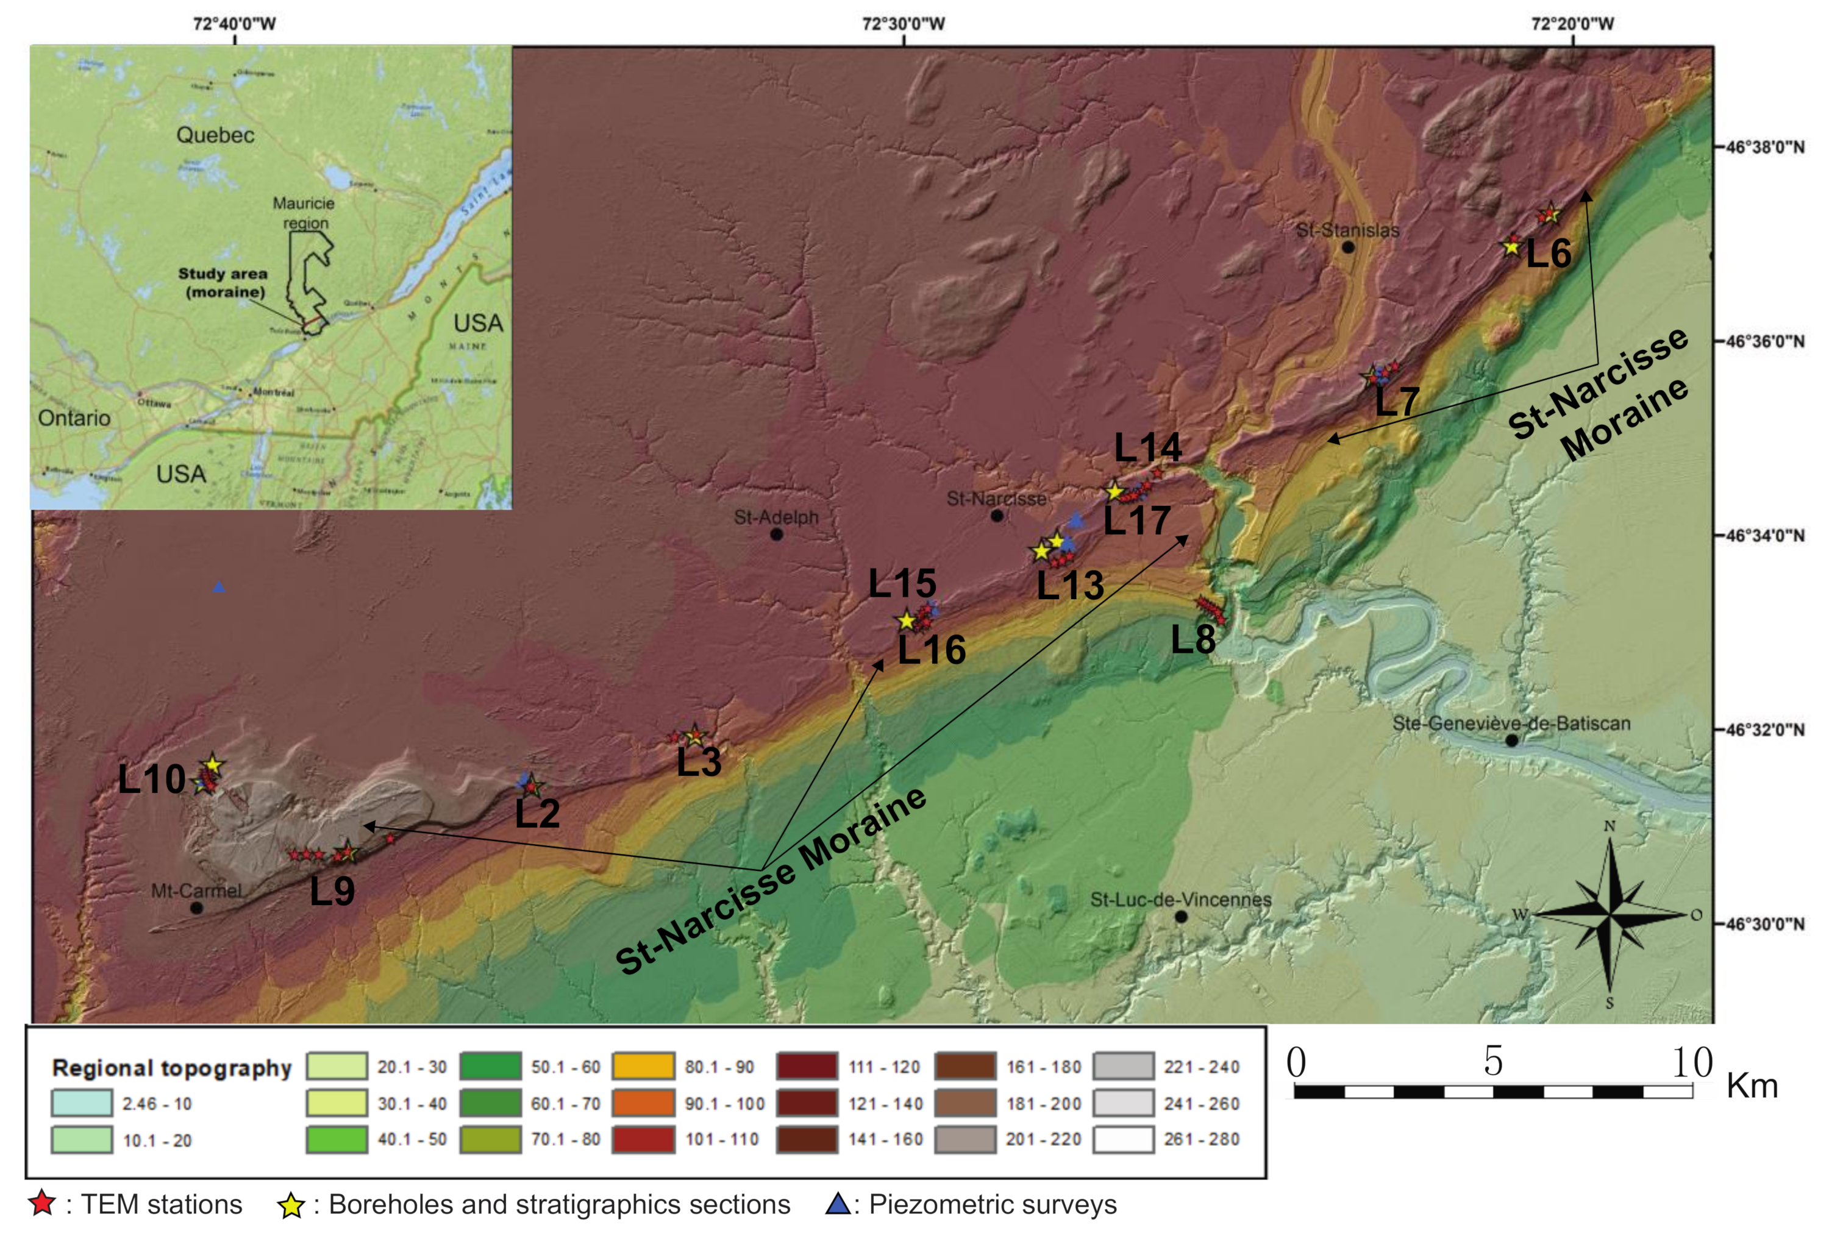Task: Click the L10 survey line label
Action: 151,780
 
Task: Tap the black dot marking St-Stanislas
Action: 1348,247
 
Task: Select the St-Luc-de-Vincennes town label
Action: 1180,900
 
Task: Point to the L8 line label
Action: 1193,640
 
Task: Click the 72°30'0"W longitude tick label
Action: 904,24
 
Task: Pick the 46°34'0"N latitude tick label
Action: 1764,536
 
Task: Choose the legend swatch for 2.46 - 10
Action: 81,1103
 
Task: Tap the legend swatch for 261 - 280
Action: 1123,1139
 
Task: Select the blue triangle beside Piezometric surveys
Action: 838,1203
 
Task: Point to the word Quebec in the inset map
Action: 215,135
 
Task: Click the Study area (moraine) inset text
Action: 223,283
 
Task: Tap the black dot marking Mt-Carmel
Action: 196,908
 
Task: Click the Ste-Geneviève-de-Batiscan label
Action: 1511,723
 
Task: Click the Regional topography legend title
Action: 171,1068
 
